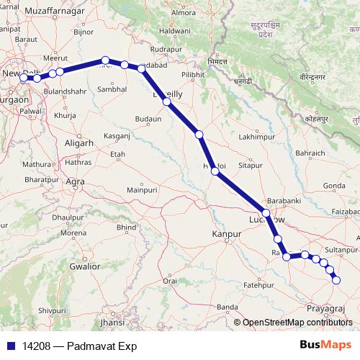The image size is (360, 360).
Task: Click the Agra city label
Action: point(75,182)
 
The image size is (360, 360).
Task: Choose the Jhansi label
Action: point(113,323)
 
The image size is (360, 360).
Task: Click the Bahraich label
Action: point(310,153)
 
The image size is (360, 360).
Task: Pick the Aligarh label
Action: point(78,143)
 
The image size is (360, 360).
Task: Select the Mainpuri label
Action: point(142,189)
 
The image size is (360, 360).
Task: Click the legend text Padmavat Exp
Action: point(103,346)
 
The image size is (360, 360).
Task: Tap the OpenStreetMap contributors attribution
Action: point(296,323)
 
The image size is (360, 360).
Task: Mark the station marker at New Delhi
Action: point(24,78)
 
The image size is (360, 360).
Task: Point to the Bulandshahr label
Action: point(67,93)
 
